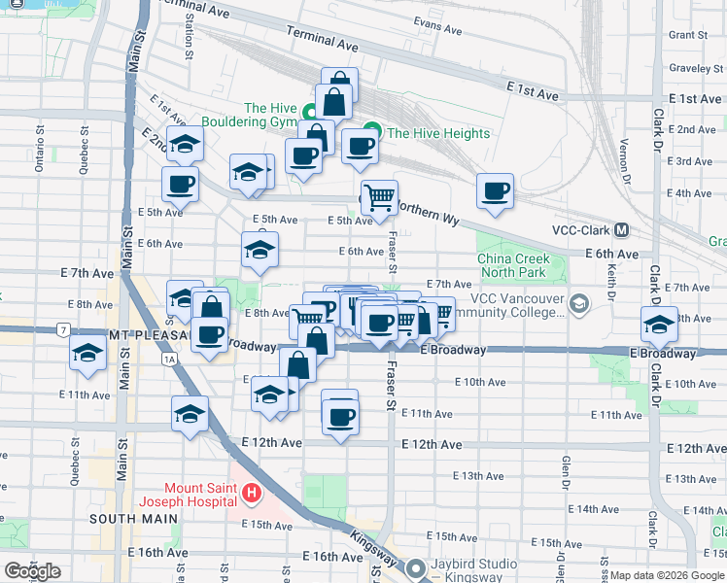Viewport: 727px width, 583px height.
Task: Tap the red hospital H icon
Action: click(x=252, y=495)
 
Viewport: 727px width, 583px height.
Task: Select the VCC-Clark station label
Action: click(x=578, y=230)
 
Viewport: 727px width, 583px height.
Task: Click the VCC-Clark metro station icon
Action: click(x=621, y=230)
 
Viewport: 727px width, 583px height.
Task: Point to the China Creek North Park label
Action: click(x=513, y=265)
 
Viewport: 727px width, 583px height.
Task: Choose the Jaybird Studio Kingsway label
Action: click(x=469, y=569)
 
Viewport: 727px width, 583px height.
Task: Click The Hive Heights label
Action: click(x=437, y=134)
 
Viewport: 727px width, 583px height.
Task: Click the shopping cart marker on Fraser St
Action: click(x=379, y=198)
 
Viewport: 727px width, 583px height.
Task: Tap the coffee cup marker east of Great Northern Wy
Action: click(x=496, y=191)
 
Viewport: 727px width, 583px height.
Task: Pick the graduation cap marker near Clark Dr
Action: click(x=658, y=324)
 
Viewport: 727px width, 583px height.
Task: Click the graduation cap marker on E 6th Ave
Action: click(x=260, y=250)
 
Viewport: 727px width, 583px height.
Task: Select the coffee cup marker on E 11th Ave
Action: click(x=339, y=415)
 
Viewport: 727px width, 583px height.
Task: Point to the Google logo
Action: click(x=32, y=571)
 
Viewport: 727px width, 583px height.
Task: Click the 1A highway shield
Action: click(x=171, y=359)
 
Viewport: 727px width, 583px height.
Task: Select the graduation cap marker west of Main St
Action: click(x=87, y=356)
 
